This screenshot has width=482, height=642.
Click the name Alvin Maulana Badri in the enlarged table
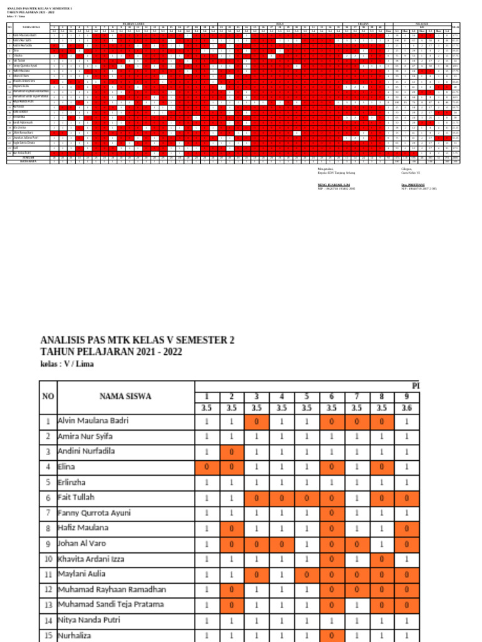(93, 421)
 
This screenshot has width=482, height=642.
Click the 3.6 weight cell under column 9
(406, 408)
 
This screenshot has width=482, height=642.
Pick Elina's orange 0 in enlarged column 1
(206, 466)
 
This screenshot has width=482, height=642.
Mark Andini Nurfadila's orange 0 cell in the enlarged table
(232, 451)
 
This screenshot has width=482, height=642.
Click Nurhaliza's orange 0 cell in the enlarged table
(331, 635)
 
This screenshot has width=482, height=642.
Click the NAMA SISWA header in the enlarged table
(126, 396)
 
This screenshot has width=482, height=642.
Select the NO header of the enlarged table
(48, 396)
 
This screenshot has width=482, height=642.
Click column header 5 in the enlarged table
(306, 396)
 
